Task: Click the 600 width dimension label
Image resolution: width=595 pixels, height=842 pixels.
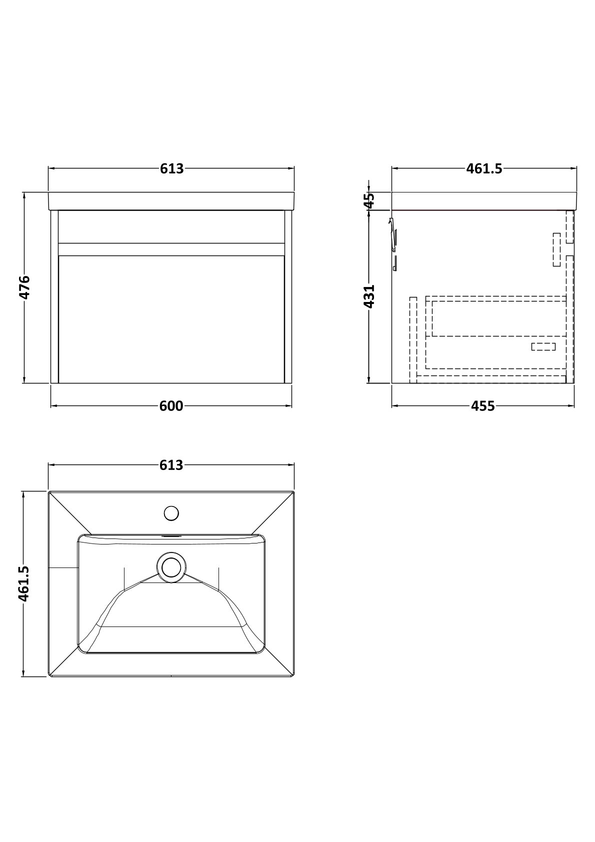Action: tap(171, 406)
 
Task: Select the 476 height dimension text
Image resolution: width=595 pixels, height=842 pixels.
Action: tap(24, 287)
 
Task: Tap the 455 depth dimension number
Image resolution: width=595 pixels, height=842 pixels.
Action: tap(483, 406)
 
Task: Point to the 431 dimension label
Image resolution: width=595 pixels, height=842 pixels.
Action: tap(369, 296)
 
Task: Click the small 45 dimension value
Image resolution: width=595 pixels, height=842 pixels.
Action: tap(369, 200)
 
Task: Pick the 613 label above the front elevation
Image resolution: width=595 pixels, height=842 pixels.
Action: tap(172, 169)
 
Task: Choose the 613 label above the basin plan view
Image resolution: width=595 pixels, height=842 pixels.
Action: tap(171, 465)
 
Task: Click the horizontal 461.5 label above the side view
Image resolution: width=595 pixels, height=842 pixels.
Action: tap(484, 169)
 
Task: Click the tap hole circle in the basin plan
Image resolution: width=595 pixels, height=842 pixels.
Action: tap(171, 513)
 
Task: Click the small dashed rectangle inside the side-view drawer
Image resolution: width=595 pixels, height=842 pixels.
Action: tap(543, 346)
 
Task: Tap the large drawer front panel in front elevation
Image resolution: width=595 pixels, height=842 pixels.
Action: tap(171, 319)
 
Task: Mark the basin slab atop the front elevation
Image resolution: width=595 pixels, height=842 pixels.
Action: tap(171, 201)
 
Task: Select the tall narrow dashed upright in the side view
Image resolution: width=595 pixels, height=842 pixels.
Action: tap(413, 340)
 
